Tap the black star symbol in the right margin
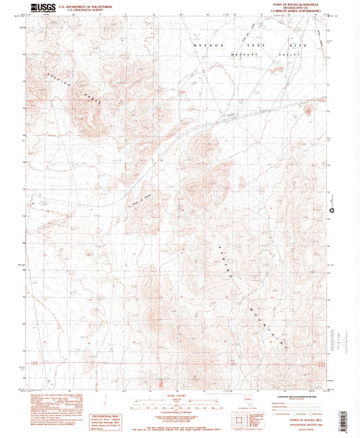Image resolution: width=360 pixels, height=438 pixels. pyautogui.click(x=332, y=211)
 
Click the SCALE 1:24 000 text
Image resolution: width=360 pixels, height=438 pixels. pyautogui.click(x=177, y=395)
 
